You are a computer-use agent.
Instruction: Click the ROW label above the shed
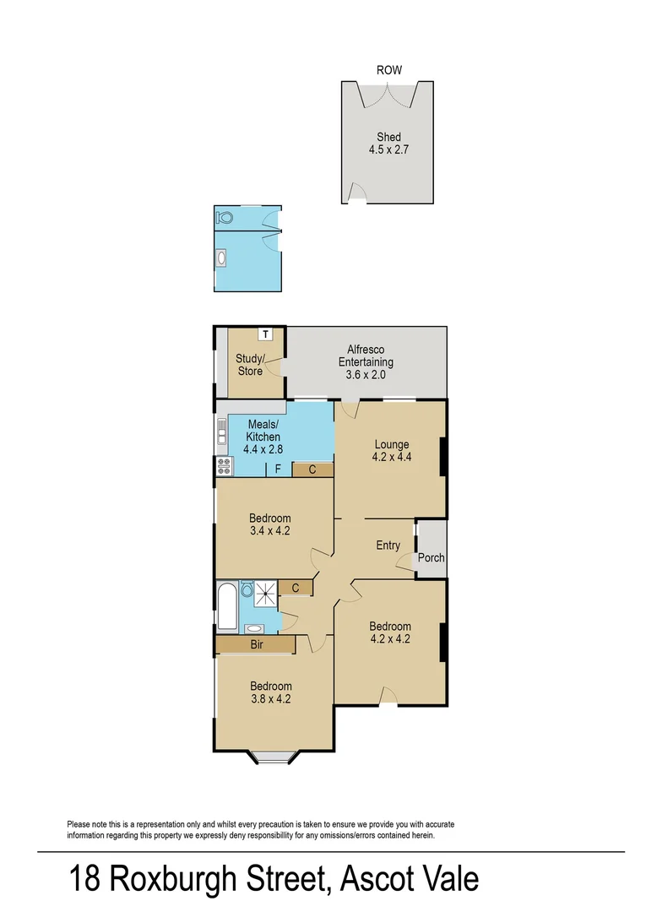pyautogui.click(x=389, y=70)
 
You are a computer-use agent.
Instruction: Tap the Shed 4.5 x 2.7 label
pyautogui.click(x=389, y=143)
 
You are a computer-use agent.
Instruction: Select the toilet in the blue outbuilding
pyautogui.click(x=224, y=218)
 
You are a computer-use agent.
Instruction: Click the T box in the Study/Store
pyautogui.click(x=266, y=334)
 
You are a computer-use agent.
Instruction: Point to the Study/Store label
pyautogui.click(x=250, y=365)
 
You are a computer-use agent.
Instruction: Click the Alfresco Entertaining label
pyautogui.click(x=366, y=361)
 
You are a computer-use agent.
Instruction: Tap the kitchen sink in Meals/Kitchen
pyautogui.click(x=221, y=432)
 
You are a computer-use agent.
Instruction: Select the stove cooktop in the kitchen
pyautogui.click(x=224, y=466)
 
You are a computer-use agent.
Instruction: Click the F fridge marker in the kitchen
pyautogui.click(x=279, y=469)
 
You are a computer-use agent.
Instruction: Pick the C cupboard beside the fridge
pyautogui.click(x=312, y=470)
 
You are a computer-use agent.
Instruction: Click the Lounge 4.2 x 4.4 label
pyautogui.click(x=392, y=451)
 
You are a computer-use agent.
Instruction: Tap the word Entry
pyautogui.click(x=388, y=545)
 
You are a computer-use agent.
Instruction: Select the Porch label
pyautogui.click(x=431, y=557)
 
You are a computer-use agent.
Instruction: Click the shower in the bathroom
pyautogui.click(x=266, y=594)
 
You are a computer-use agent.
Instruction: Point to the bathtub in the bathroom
pyautogui.click(x=227, y=606)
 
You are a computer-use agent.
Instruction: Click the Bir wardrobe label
pyautogui.click(x=257, y=644)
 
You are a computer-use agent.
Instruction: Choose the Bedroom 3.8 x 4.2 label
pyautogui.click(x=271, y=692)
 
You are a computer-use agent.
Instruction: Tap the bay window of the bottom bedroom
pyautogui.click(x=275, y=757)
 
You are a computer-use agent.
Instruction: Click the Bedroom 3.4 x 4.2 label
pyautogui.click(x=269, y=524)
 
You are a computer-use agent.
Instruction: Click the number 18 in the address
pyautogui.click(x=85, y=878)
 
